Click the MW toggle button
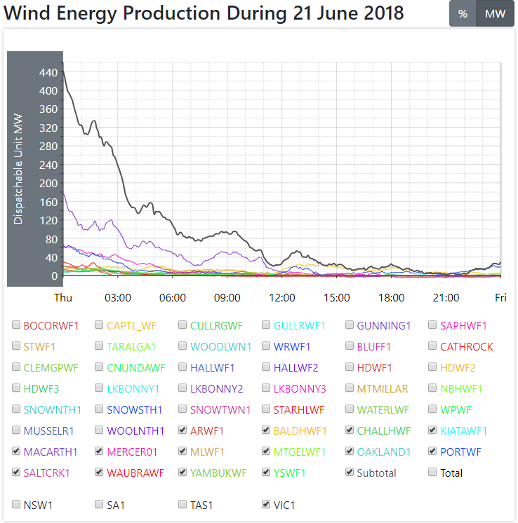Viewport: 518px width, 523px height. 495,14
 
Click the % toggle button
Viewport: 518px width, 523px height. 463,14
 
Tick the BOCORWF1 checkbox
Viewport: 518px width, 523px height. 16,325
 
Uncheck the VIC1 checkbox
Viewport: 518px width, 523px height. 266,503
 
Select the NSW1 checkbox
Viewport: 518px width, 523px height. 16,503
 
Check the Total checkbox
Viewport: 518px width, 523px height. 433,473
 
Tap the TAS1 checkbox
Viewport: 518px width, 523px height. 183,503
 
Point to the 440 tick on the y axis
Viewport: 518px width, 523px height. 48,72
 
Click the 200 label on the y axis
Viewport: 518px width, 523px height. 48,184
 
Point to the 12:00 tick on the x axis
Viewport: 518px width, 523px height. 281,297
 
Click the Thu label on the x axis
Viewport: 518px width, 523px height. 63,297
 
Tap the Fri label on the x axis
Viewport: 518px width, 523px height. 500,297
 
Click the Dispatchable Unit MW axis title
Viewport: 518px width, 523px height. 18,169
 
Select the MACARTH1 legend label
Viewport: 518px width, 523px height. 51,451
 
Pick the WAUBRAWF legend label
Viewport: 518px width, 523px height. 135,473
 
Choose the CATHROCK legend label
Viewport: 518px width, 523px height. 466,346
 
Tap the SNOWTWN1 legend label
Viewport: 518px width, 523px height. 218,409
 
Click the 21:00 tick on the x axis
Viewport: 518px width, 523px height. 446,297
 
